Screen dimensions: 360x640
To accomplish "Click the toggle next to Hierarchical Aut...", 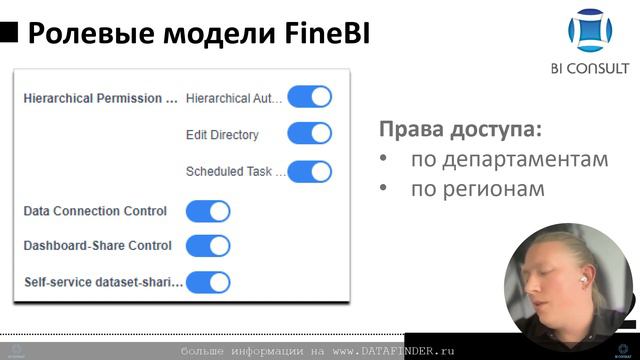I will point(309,97).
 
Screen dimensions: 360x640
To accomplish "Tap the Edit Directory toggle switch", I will point(309,134).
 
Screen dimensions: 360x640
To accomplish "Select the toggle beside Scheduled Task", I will point(309,171).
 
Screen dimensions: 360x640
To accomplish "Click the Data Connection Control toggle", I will point(208,211).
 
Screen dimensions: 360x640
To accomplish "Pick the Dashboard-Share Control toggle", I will point(208,246).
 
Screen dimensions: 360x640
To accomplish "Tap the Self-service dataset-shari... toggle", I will point(208,283).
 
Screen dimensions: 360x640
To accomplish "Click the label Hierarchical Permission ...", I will point(100,98).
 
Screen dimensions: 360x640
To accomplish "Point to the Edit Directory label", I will point(222,135).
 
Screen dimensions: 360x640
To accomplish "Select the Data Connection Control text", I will point(95,211).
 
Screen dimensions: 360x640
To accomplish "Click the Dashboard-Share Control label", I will point(97,246).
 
